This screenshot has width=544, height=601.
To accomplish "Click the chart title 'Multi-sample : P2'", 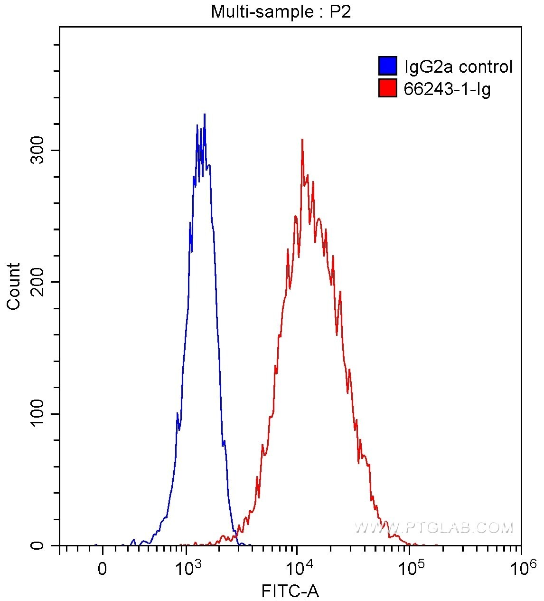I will click(x=281, y=11).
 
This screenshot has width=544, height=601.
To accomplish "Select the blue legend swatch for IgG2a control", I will click(x=387, y=66).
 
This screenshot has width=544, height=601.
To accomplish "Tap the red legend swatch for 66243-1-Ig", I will click(x=387, y=88).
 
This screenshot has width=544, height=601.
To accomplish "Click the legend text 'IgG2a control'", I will click(x=458, y=67).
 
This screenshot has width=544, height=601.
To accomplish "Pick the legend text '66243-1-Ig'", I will click(x=447, y=88).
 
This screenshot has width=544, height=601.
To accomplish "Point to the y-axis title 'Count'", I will click(x=14, y=286).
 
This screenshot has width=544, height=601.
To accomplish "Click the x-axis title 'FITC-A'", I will click(x=290, y=591).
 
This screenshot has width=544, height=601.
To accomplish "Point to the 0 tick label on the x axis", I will click(x=102, y=569).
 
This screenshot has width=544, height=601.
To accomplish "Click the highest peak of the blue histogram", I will click(x=204, y=114).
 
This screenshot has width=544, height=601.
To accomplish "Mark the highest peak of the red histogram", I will click(x=302, y=140).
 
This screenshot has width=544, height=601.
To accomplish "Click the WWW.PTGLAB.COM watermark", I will click(x=434, y=527).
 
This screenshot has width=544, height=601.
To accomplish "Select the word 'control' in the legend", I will click(x=486, y=67).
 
